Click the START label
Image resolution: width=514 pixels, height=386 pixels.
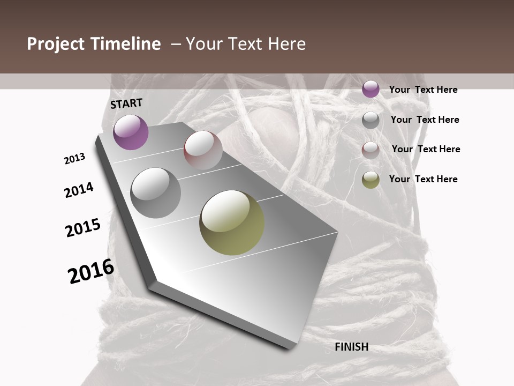(x=126, y=103)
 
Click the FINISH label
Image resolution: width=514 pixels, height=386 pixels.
(x=352, y=347)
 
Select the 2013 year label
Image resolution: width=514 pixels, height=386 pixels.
(x=74, y=159)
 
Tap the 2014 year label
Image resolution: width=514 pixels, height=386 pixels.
(x=79, y=190)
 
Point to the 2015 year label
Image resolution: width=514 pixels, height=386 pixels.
(x=83, y=228)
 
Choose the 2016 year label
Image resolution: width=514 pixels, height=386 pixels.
(x=91, y=271)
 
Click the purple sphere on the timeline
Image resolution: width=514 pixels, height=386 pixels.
(x=131, y=132)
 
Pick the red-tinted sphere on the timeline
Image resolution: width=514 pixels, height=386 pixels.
(x=203, y=150)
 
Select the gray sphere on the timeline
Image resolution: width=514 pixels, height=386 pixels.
(x=156, y=193)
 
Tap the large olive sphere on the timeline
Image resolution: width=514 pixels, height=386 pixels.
(x=232, y=222)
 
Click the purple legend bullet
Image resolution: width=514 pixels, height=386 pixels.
(x=371, y=89)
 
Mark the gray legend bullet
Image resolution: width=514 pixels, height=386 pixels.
(x=371, y=120)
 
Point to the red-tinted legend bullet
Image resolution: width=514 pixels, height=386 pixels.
(x=371, y=150)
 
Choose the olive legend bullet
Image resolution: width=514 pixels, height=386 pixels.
(x=371, y=180)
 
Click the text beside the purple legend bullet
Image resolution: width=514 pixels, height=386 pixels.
(x=423, y=90)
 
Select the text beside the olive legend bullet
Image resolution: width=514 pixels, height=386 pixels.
(x=423, y=179)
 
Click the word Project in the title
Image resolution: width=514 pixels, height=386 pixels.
(x=56, y=44)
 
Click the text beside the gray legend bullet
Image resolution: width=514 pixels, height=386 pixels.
(x=425, y=120)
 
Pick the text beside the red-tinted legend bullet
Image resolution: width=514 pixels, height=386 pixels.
(x=426, y=149)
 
